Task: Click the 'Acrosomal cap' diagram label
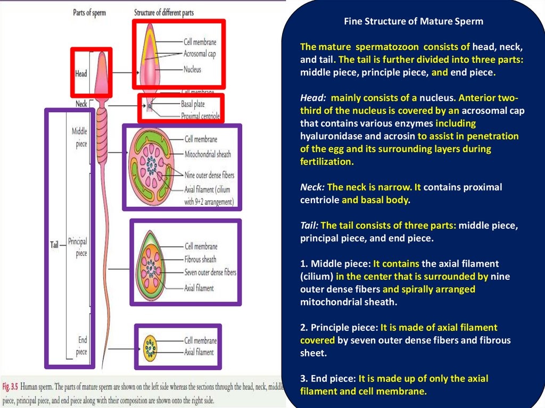[x=199, y=54]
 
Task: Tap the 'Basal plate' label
[x=193, y=104]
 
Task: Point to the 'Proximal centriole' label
[x=200, y=115]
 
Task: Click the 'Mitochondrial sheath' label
[x=208, y=154]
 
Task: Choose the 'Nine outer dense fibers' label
[x=209, y=175]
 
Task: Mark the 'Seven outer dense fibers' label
[x=210, y=272]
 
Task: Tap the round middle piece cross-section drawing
[x=152, y=166]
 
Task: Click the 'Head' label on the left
[x=81, y=74]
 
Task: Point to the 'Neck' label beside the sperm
[x=81, y=104]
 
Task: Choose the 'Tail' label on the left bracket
[x=54, y=245]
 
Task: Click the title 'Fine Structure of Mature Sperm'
[x=413, y=22]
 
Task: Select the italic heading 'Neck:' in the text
[x=312, y=187]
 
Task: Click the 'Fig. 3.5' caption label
[x=12, y=386]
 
